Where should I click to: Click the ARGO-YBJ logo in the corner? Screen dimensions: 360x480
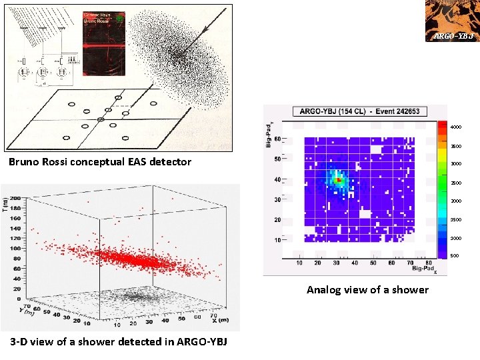coord(452,21)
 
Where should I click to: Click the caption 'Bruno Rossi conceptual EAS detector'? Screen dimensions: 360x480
coord(100,162)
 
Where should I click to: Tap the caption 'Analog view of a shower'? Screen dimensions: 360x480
coord(367,289)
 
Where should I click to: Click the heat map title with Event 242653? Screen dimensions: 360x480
coord(360,111)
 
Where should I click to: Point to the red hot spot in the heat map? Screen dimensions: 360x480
coord(339,180)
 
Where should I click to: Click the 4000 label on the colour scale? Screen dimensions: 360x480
coord(455,127)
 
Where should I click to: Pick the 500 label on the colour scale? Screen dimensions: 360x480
coord(455,256)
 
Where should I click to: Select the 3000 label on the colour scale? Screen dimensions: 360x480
coord(455,164)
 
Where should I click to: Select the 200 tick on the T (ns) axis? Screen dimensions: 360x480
coord(14,199)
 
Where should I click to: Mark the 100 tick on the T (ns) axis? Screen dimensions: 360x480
coord(14,248)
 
